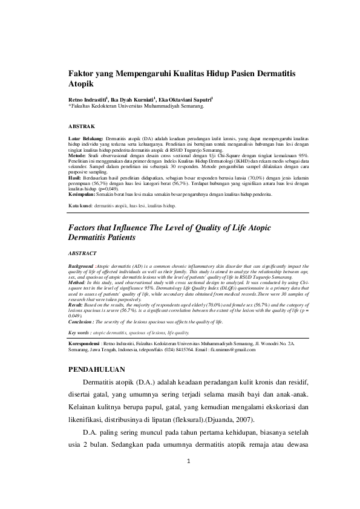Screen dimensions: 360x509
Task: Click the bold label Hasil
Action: tap(74, 179)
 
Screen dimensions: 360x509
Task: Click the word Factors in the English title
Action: tap(84, 227)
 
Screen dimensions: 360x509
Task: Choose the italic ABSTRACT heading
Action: tap(81, 253)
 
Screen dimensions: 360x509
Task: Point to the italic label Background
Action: tap(82, 265)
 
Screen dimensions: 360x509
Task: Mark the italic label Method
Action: tap(76, 282)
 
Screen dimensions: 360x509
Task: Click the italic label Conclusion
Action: tap(82, 322)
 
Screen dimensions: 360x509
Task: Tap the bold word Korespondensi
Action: tap(85, 343)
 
